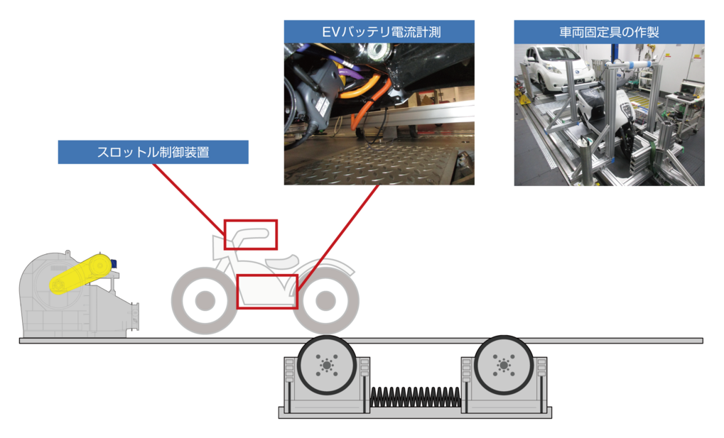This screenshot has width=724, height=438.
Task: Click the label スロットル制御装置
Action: pyautogui.click(x=153, y=152)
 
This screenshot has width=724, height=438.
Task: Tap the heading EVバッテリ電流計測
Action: pyautogui.click(x=378, y=31)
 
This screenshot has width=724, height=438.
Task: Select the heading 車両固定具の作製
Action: pyautogui.click(x=609, y=31)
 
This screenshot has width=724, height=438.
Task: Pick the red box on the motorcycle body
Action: pyautogui.click(x=266, y=291)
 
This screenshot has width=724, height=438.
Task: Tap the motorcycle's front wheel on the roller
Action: pyautogui.click(x=326, y=300)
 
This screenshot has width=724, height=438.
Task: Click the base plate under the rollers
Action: pyautogui.click(x=415, y=412)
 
